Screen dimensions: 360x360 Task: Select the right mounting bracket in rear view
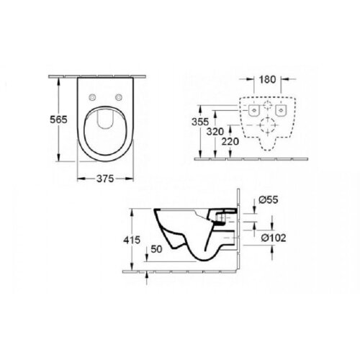(x=284, y=110)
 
